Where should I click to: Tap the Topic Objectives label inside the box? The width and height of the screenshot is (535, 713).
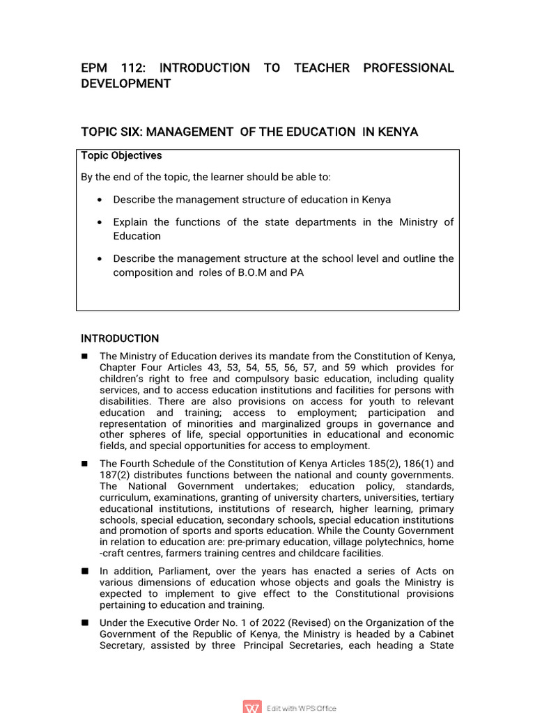[x=121, y=155]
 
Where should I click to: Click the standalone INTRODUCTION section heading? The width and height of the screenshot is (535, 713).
[x=120, y=338]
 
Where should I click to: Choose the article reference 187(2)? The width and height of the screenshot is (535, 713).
[x=114, y=475]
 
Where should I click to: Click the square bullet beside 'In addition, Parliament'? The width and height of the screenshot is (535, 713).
[x=85, y=571]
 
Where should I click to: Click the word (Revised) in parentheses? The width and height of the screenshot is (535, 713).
[x=279, y=622]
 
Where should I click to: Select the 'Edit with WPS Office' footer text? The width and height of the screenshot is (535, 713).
[x=302, y=708]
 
